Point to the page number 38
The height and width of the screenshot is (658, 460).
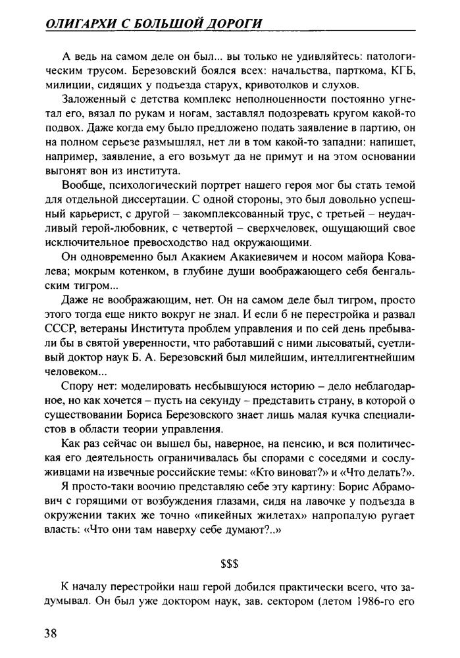51,633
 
